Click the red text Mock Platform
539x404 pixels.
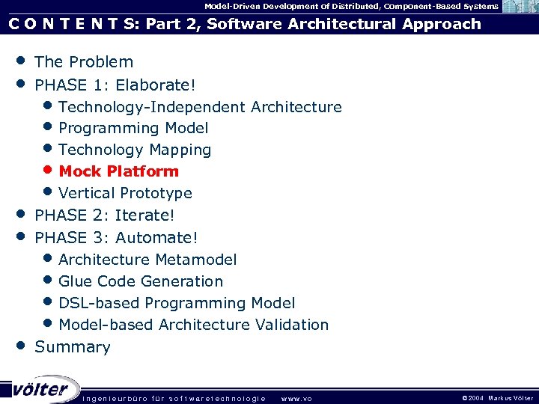pyautogui.click(x=118, y=171)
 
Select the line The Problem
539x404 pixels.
pyautogui.click(x=84, y=62)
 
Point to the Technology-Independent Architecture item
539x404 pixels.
pyautogui.click(x=200, y=107)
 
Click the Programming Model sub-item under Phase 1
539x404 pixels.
pyautogui.click(x=133, y=129)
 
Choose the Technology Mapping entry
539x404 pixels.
pyautogui.click(x=135, y=150)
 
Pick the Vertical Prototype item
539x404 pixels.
pyautogui.click(x=125, y=193)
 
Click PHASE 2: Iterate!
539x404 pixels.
pyautogui.click(x=104, y=215)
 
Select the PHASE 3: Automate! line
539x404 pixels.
pyautogui.click(x=116, y=238)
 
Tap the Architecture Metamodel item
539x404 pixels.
pyautogui.click(x=147, y=260)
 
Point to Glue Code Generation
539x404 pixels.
pyautogui.click(x=141, y=281)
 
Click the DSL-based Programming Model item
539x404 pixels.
pyautogui.click(x=177, y=303)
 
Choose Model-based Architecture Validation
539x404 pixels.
pyautogui.click(x=193, y=325)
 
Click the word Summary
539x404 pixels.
pyautogui.click(x=73, y=347)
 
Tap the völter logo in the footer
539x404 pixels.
pyautogui.click(x=39, y=388)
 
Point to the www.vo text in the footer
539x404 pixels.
pyautogui.click(x=296, y=398)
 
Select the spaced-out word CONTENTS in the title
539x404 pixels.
pyautogui.click(x=71, y=24)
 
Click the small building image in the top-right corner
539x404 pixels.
pyautogui.click(x=518, y=7)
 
